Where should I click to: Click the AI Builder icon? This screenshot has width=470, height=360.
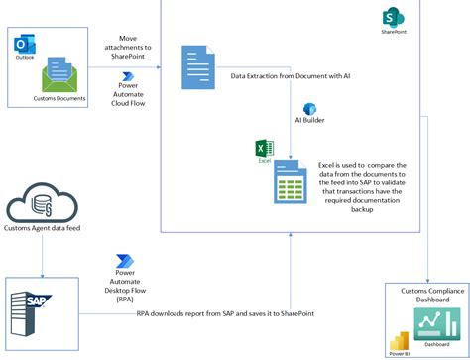point(308,109)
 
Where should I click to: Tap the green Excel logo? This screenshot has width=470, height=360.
point(264,149)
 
